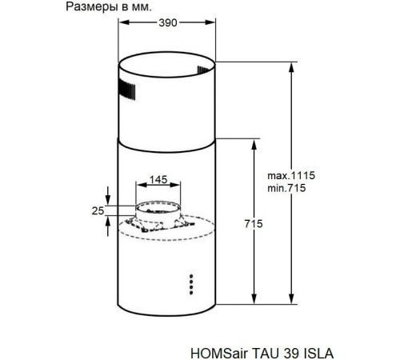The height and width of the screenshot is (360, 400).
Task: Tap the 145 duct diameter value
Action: click(x=158, y=180)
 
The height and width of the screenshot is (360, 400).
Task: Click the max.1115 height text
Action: click(x=290, y=174)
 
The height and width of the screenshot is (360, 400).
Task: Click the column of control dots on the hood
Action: click(x=191, y=283)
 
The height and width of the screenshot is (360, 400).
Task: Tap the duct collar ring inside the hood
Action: click(x=157, y=211)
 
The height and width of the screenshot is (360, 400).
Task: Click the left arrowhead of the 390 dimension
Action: click(x=122, y=24)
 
